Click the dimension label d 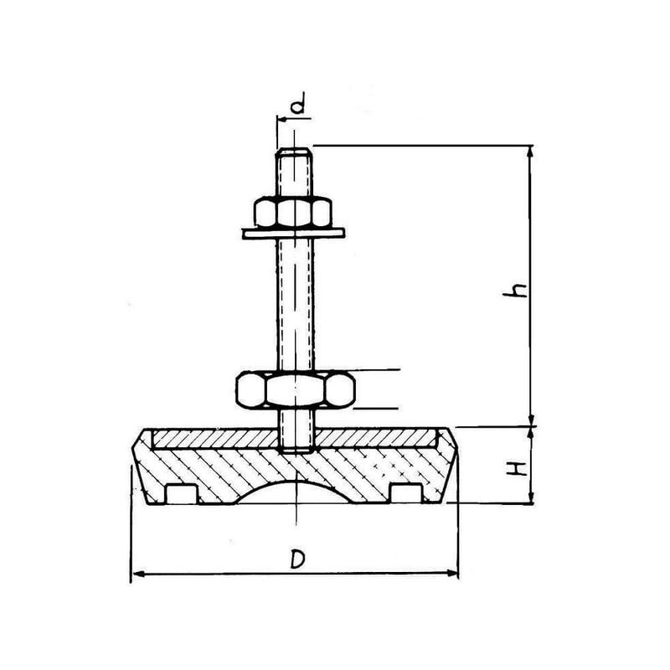299,103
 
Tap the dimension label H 517,469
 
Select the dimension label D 297,559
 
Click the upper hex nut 293,212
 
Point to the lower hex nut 296,389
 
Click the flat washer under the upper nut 294,234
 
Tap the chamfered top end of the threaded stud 294,153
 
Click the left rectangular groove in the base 181,493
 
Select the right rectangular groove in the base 406,493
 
